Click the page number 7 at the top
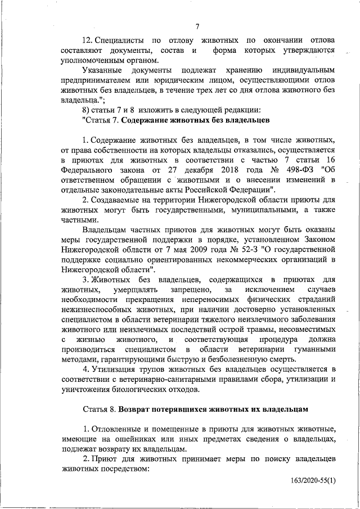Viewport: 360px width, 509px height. coord(198,27)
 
